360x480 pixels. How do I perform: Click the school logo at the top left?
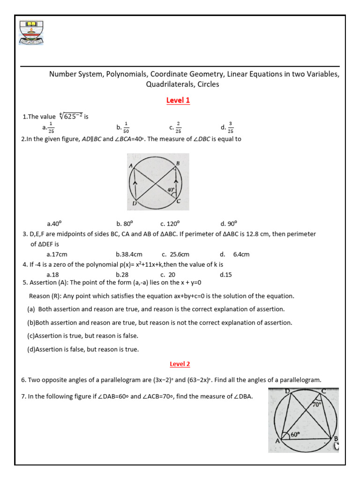[x=31, y=32]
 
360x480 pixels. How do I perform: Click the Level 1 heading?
[x=178, y=100]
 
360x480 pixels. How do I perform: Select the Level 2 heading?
[x=180, y=364]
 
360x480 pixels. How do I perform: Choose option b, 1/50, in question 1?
[x=123, y=127]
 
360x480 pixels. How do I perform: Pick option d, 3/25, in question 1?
[x=227, y=127]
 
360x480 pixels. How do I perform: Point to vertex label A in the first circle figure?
[x=131, y=165]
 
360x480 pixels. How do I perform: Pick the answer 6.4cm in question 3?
[x=241, y=254]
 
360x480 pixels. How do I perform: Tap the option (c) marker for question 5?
[x=31, y=336]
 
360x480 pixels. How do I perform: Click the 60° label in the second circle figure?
[x=295, y=435]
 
